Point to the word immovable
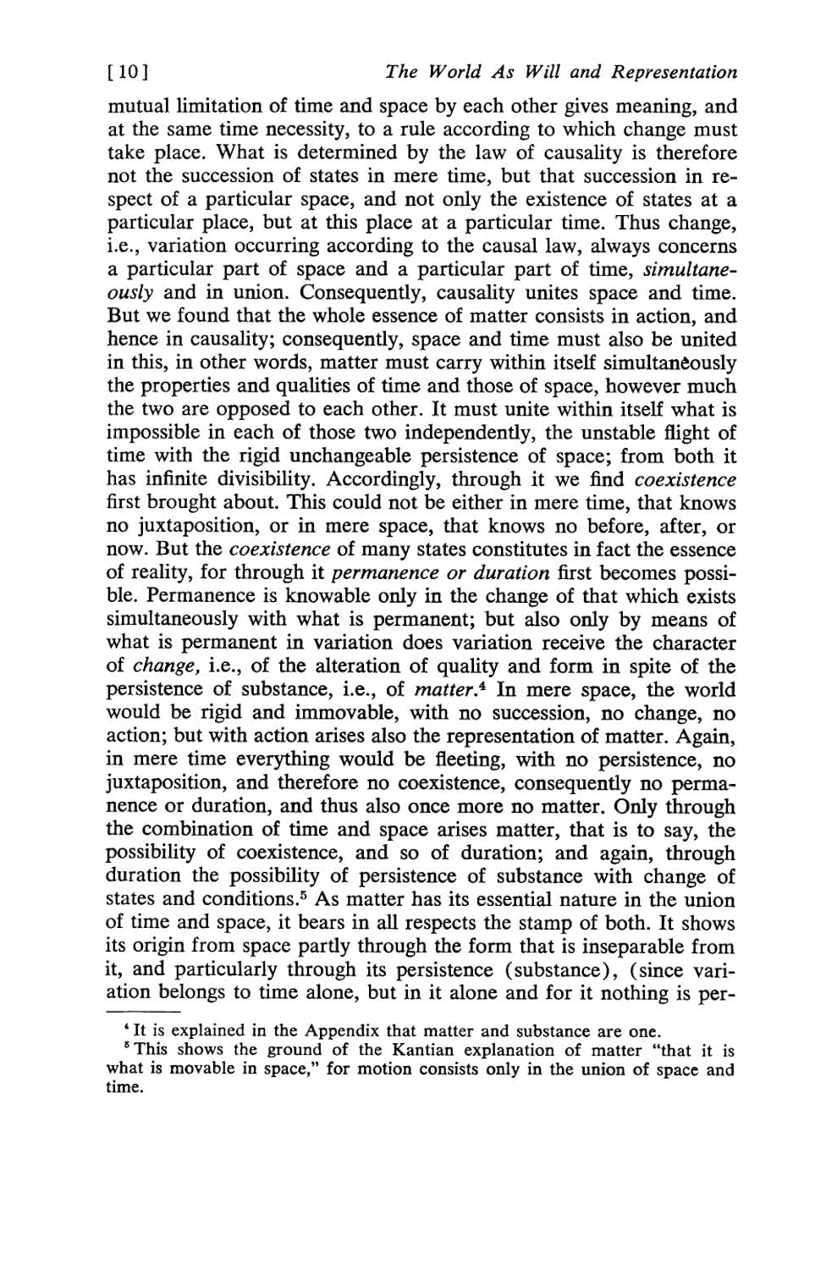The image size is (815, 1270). (x=301, y=713)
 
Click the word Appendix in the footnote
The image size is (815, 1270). (x=341, y=1031)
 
